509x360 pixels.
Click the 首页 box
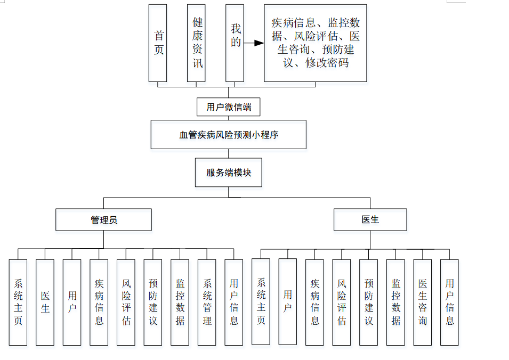(158, 43)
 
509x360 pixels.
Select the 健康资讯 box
(196, 43)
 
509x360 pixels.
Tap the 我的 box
(234, 43)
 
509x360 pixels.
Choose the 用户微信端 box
(229, 107)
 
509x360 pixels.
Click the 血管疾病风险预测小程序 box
(228, 135)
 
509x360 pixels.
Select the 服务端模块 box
(228, 173)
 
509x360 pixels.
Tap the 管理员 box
(103, 219)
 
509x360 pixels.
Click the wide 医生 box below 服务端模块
(370, 219)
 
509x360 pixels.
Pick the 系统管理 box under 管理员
(207, 302)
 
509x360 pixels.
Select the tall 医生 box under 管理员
(45, 302)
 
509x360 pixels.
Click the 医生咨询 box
(422, 302)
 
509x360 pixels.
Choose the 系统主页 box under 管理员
(18, 302)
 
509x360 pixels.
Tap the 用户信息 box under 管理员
(233, 302)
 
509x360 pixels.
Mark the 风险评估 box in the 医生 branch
(342, 302)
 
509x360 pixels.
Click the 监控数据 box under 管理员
(180, 302)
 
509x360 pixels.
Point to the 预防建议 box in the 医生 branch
(368, 302)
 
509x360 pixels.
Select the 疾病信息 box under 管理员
(99, 302)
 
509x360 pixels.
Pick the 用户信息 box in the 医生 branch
(449, 302)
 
